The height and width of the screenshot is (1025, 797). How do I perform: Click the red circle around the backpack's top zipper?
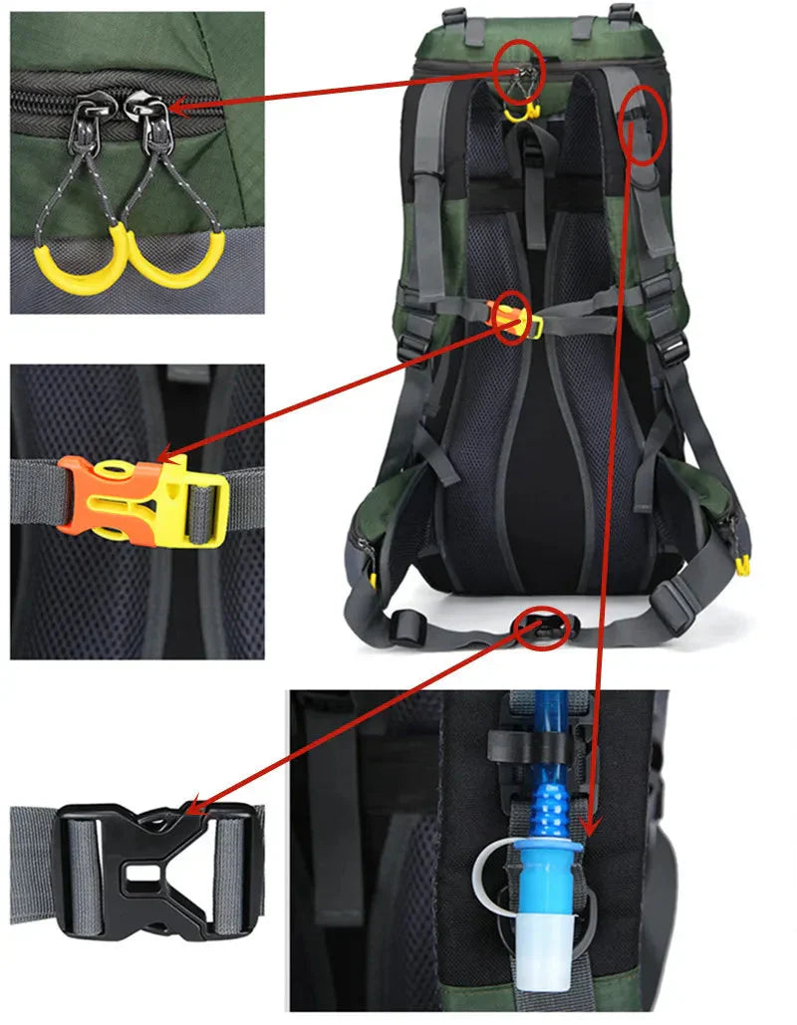(x=518, y=70)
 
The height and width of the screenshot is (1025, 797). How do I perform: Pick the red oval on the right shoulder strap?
(x=643, y=125)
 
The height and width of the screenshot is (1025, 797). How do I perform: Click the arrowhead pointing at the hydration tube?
(x=591, y=826)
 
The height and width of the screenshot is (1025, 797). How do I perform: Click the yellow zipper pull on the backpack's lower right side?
(x=741, y=564)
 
